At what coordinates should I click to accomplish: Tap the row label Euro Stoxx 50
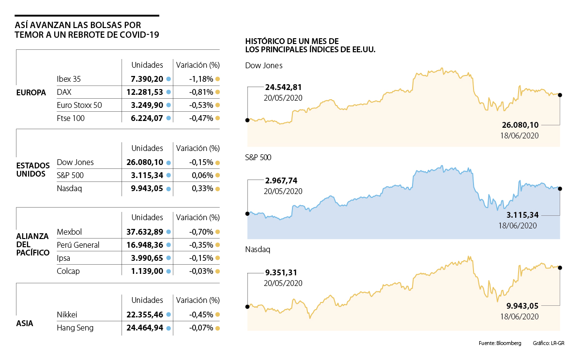[x=79, y=105]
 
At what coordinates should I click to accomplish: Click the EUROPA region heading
[x=31, y=92]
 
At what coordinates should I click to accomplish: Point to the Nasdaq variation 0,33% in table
[x=202, y=189]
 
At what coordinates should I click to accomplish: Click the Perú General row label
[x=78, y=245]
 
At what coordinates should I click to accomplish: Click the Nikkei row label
[x=67, y=315]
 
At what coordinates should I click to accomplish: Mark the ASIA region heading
[x=25, y=323]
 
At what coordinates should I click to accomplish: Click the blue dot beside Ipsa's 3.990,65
[x=168, y=258]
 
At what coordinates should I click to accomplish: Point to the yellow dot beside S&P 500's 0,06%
[x=218, y=176]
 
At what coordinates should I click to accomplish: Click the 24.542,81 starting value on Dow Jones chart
[x=284, y=88]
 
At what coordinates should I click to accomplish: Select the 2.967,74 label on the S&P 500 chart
[x=281, y=180]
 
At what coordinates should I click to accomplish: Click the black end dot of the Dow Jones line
[x=560, y=95]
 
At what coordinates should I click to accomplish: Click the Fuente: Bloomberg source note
[x=500, y=343]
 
